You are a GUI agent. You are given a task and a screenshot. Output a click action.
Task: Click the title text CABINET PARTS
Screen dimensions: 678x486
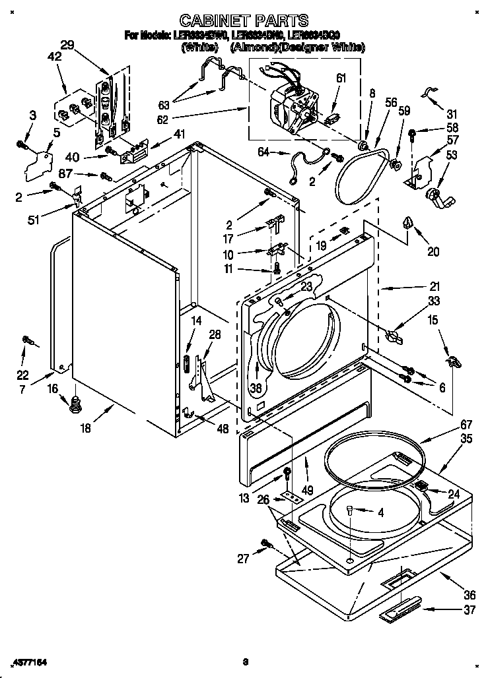[244, 22]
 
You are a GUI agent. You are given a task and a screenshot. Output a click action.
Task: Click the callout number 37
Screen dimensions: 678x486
[469, 610]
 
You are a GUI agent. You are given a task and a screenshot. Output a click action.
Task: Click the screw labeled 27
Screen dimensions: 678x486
[267, 543]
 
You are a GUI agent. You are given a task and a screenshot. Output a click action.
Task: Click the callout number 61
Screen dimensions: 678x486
[341, 78]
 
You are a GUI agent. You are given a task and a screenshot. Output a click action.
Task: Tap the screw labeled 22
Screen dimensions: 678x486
[28, 340]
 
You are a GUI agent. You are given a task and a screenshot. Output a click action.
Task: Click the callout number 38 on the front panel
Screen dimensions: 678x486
[256, 388]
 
